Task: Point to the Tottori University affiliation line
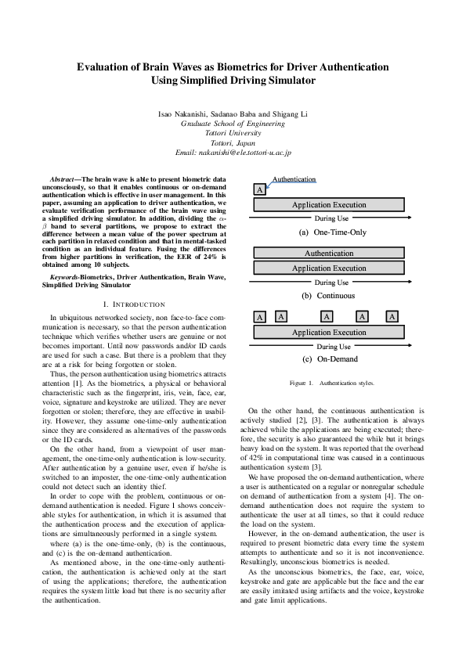233,133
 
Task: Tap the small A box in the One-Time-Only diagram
259,190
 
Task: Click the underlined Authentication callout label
294,180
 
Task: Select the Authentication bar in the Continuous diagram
328,254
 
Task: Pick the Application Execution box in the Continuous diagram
328,268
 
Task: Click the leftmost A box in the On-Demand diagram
259,318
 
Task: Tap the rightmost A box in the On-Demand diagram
392,317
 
